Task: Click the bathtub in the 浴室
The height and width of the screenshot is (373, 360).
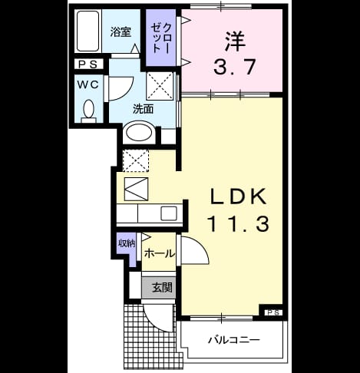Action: click(x=88, y=31)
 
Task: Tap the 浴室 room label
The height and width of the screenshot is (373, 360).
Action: click(x=121, y=31)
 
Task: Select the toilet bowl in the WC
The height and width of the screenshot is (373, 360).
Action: click(x=89, y=109)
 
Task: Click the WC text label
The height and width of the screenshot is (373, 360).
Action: click(x=88, y=84)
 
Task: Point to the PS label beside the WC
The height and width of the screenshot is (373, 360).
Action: click(x=88, y=64)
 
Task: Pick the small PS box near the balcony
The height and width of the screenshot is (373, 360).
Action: click(x=275, y=312)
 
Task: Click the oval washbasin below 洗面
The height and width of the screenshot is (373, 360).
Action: click(x=139, y=133)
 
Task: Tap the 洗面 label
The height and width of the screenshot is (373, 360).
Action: click(x=143, y=109)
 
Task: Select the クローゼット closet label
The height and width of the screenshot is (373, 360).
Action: click(x=160, y=38)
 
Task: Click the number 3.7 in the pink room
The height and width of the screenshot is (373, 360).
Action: click(x=234, y=67)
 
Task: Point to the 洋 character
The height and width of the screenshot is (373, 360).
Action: click(x=235, y=41)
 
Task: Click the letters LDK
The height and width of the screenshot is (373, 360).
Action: click(x=238, y=196)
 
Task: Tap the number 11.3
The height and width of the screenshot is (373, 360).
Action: click(x=239, y=224)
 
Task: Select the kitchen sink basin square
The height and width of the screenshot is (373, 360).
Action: click(x=169, y=213)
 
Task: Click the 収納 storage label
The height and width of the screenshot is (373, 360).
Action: click(x=127, y=243)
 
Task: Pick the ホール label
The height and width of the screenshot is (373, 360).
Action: click(x=160, y=254)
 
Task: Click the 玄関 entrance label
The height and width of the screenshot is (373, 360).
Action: click(x=163, y=288)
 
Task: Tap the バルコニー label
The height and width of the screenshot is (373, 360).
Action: click(x=234, y=340)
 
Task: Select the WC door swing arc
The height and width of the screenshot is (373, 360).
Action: click(x=127, y=92)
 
